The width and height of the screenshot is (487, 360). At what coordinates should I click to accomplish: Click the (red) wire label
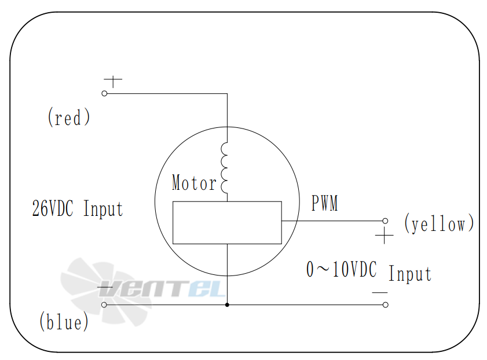coord(69,118)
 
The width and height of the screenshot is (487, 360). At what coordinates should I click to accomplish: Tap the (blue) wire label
coord(64,322)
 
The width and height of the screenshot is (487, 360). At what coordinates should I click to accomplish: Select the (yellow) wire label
coord(439,223)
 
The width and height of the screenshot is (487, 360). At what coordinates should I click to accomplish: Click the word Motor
coord(194,183)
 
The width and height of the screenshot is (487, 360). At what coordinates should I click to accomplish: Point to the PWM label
coord(324,204)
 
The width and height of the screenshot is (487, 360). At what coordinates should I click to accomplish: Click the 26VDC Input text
coord(78,208)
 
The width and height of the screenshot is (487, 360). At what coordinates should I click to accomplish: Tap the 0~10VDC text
coord(342,270)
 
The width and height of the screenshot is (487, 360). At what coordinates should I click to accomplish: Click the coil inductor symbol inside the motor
coord(225,168)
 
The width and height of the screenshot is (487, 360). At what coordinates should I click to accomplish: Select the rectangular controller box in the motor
coord(227,222)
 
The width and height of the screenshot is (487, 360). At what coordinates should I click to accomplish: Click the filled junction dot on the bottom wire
coord(227,304)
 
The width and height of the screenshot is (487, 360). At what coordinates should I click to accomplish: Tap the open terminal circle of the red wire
coord(105,93)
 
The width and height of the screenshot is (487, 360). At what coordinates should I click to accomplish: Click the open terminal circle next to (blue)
coord(104,304)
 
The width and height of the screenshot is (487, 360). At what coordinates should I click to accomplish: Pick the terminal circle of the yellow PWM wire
coord(385,221)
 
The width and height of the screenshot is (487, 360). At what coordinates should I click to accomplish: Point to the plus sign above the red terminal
coord(112,81)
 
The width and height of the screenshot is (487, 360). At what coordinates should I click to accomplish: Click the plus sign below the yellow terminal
coord(384,236)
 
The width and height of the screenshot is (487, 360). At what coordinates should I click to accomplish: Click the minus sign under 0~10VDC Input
coord(380,292)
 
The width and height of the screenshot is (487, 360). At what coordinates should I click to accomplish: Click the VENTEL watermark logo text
coord(173,288)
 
